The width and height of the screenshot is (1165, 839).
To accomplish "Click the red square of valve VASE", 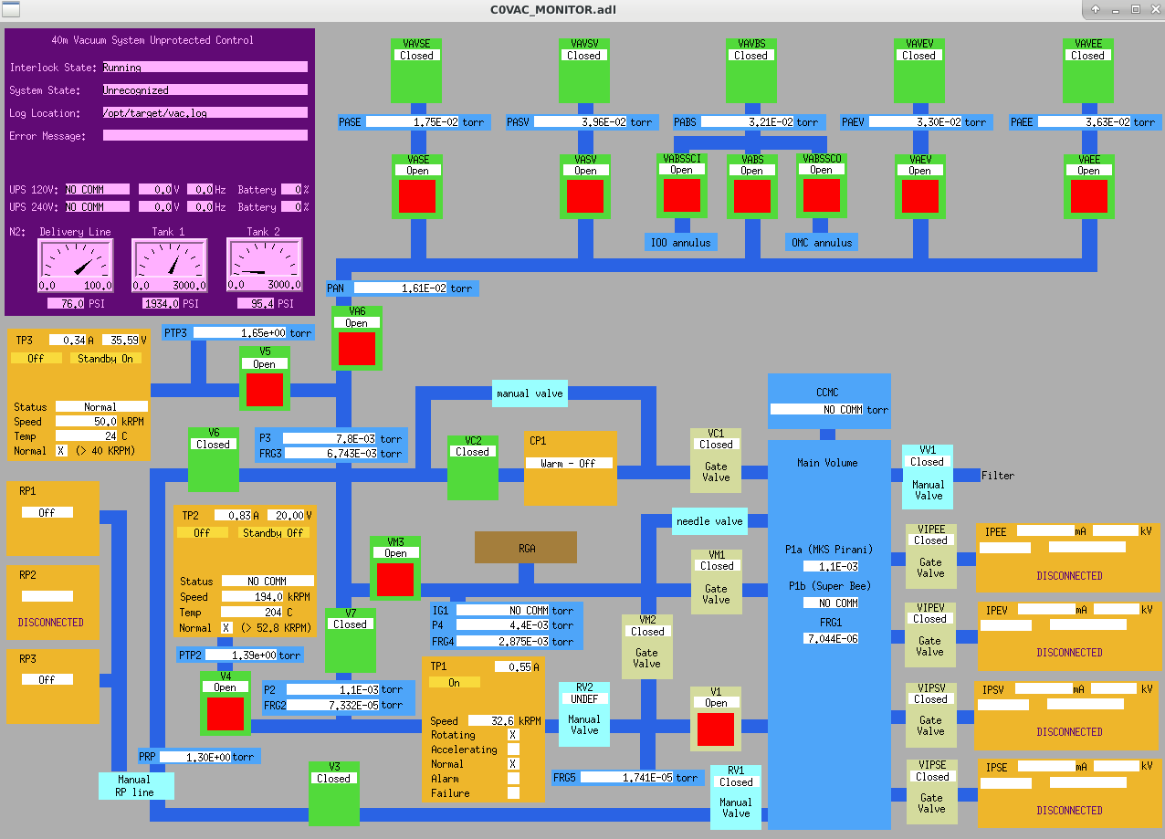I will click(417, 195).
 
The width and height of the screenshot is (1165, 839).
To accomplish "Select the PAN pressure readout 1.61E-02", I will click(415, 288).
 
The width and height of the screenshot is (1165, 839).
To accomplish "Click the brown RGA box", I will click(525, 547).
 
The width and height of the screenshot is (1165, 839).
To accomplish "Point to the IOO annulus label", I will click(680, 243).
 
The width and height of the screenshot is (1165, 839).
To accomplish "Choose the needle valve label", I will click(709, 521).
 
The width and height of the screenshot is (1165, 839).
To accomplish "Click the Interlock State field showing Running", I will click(205, 68).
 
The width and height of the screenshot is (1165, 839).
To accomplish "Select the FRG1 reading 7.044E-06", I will click(831, 638).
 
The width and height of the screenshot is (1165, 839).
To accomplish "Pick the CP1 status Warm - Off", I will click(570, 463).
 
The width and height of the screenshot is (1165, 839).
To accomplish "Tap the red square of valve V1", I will click(716, 729).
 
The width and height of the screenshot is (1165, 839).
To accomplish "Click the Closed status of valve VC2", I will click(472, 452).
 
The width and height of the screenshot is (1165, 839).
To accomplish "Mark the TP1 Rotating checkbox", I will click(513, 735).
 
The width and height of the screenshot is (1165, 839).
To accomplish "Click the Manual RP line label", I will click(135, 786).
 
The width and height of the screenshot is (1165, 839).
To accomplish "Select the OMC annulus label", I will click(821, 243).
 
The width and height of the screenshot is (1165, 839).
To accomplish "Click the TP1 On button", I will click(454, 682).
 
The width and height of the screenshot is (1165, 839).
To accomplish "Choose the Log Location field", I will click(205, 113).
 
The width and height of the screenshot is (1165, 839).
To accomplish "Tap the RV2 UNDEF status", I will click(583, 699).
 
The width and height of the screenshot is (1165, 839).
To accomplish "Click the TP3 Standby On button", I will click(106, 359).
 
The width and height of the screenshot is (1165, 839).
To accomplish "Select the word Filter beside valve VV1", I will click(997, 476).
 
